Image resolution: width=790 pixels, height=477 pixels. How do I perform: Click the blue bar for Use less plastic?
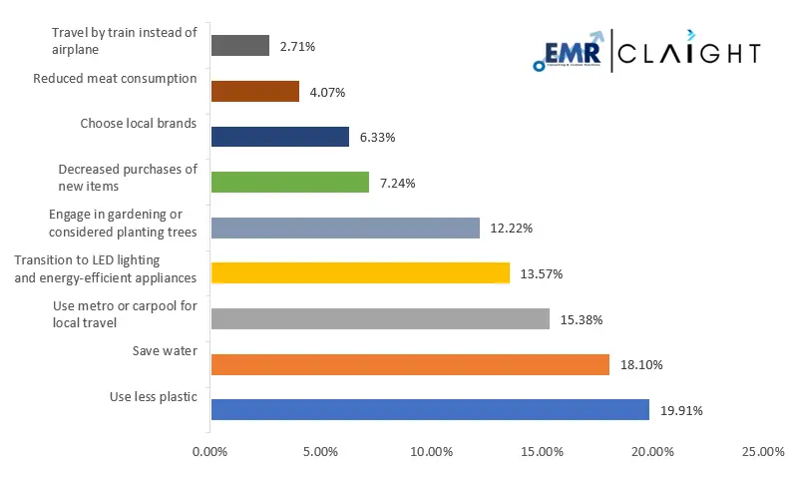click(x=430, y=409)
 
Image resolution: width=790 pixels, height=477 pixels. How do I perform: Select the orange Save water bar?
click(x=410, y=364)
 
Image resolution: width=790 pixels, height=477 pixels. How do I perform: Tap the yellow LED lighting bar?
click(x=360, y=272)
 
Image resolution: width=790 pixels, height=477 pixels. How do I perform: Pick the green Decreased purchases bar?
click(x=290, y=183)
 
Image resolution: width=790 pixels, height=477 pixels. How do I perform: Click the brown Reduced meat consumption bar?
click(x=255, y=91)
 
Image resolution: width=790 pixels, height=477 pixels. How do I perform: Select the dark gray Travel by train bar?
click(x=240, y=46)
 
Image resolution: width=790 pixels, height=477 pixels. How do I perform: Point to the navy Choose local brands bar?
click(x=280, y=137)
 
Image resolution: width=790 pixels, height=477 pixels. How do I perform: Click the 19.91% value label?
click(x=682, y=410)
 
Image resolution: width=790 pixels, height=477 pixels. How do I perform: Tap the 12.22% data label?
click(x=512, y=229)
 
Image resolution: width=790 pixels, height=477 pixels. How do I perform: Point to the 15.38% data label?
click(x=582, y=319)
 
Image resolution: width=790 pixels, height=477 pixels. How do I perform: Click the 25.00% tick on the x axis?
click(x=763, y=452)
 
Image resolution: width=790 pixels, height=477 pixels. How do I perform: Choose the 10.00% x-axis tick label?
click(x=431, y=452)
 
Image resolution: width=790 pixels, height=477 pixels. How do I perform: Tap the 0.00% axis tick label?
click(x=210, y=452)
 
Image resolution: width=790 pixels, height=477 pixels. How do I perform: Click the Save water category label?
click(x=165, y=350)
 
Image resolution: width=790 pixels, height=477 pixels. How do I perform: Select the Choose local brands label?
click(x=139, y=124)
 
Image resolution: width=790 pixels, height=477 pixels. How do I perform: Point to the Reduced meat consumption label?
click(x=115, y=78)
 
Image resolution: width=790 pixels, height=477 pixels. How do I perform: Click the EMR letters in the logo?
click(x=573, y=53)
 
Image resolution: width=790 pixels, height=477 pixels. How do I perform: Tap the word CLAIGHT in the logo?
click(x=688, y=53)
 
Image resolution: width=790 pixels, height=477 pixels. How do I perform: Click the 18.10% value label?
click(x=641, y=365)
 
